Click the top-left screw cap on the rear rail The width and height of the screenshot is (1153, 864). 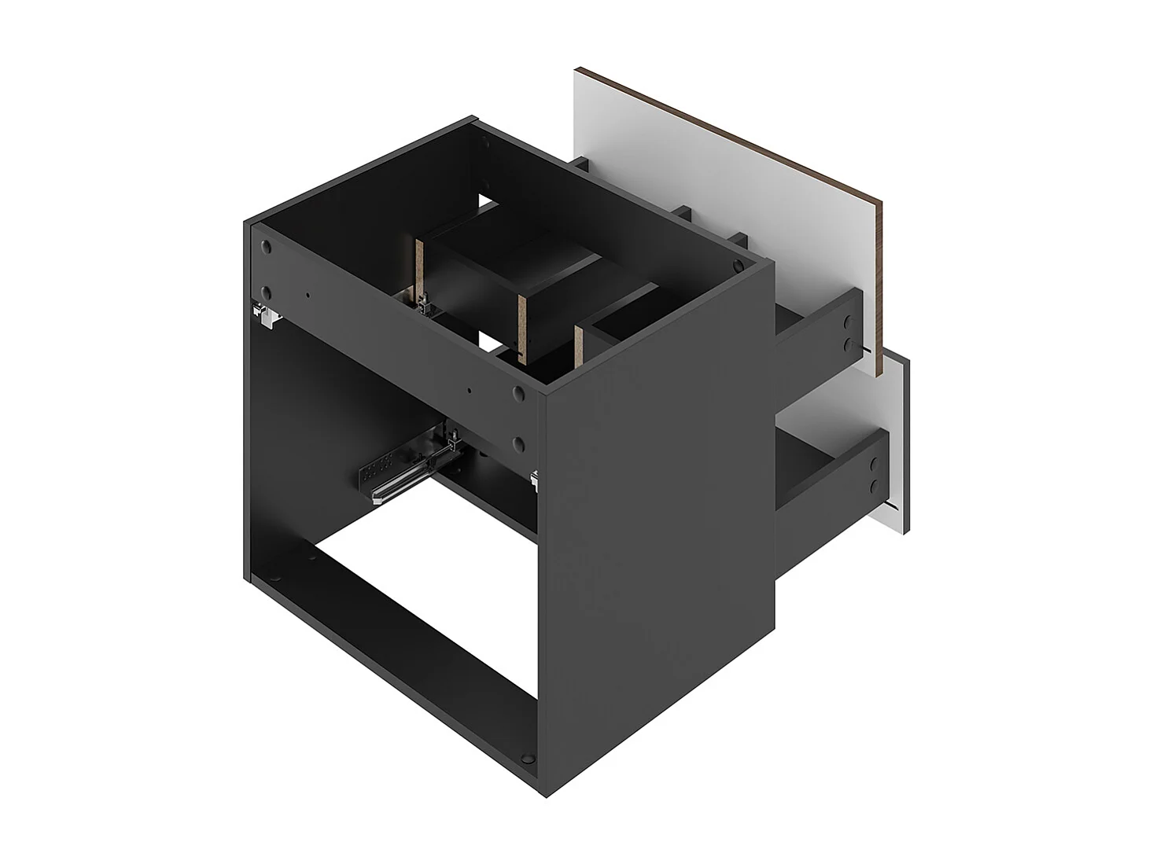(266, 248)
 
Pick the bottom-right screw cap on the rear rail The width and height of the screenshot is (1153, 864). (520, 443)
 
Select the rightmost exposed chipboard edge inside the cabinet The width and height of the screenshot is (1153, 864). (578, 346)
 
